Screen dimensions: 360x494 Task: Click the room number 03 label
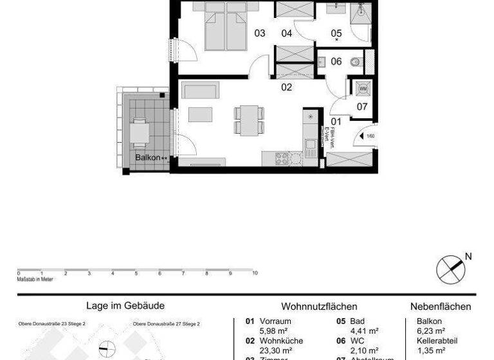[260, 33]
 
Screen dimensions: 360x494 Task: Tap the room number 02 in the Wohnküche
[286, 87]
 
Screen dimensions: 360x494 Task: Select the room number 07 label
[362, 107]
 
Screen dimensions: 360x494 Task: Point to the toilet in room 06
[354, 62]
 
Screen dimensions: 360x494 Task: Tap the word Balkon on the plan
[147, 157]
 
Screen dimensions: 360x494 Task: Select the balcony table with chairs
[140, 133]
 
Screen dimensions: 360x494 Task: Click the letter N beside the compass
[468, 256]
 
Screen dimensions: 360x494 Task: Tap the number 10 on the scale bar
[255, 273]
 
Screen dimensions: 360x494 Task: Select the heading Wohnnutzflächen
[319, 307]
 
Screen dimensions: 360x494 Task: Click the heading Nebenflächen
[441, 307]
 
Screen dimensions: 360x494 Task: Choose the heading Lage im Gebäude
[125, 307]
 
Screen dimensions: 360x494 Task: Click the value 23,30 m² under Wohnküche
[273, 350]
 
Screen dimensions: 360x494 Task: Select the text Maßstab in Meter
[35, 279]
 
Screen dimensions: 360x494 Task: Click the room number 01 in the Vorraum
[336, 121]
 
